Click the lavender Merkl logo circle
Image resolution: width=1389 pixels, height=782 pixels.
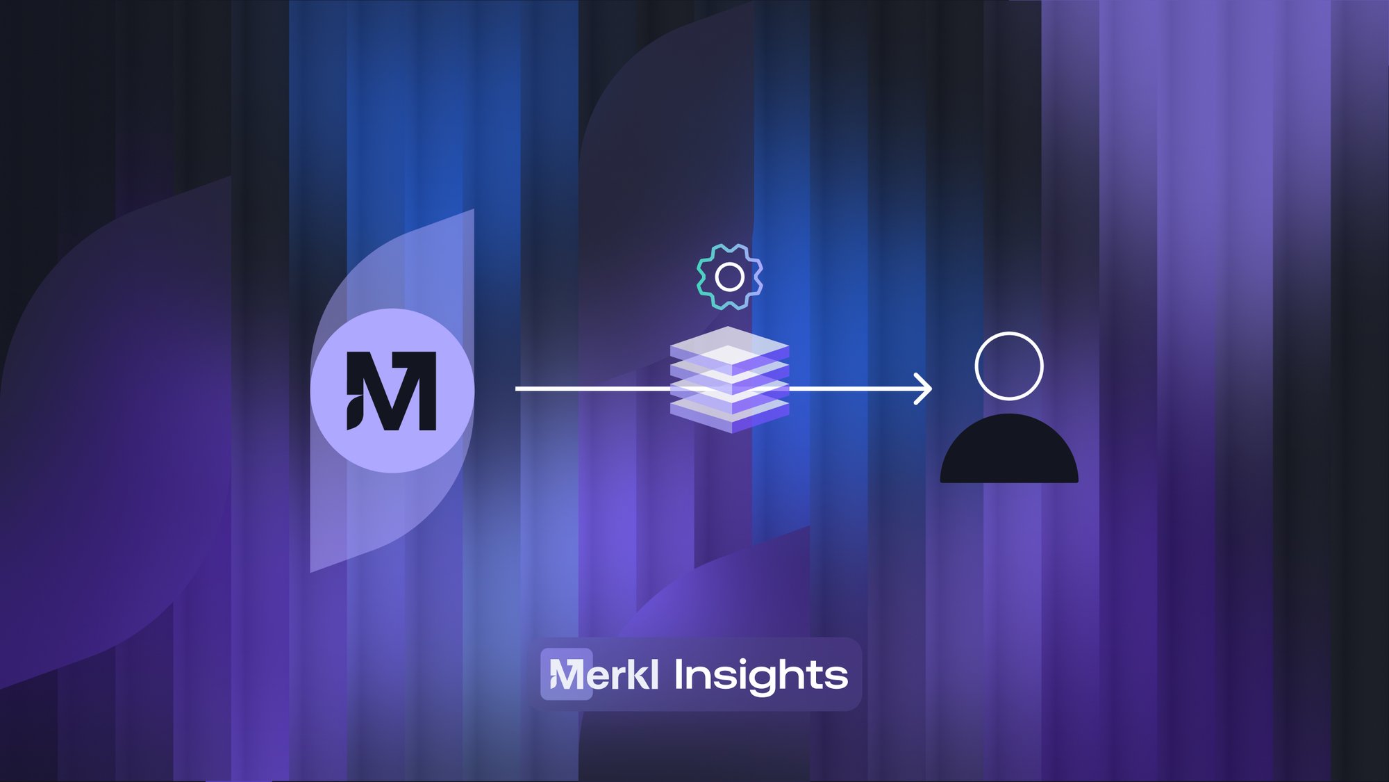tap(392, 391)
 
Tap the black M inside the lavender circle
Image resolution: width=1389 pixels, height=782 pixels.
tap(392, 391)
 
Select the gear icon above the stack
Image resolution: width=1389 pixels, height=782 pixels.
tap(730, 277)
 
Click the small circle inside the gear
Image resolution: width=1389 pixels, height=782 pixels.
tap(730, 277)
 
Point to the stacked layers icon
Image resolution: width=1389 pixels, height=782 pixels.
tap(729, 380)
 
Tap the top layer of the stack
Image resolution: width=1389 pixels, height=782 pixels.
tap(729, 345)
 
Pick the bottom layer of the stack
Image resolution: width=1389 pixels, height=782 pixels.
tap(729, 414)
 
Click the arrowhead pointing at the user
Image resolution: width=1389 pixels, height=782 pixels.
tap(923, 389)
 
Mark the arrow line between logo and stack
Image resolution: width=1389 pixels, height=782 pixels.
tap(592, 389)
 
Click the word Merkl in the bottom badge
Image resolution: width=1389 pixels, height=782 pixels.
tap(604, 674)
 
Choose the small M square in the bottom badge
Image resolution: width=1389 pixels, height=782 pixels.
tap(567, 674)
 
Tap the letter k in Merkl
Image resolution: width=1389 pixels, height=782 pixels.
tap(636, 674)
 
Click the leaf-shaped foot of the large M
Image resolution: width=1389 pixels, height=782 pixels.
tap(354, 413)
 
